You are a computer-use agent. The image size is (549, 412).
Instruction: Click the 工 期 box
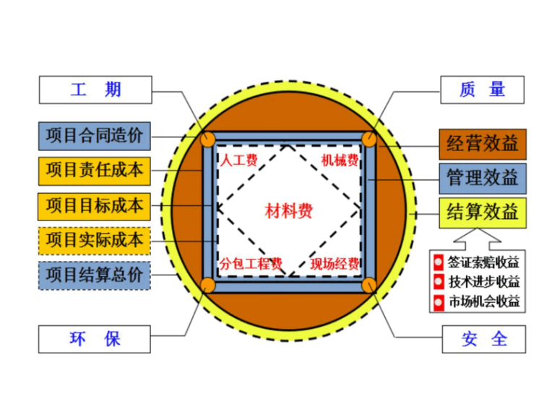tap(95, 90)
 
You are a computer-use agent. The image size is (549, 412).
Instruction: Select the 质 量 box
tap(482, 90)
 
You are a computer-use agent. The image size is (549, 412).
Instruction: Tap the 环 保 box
tap(95, 339)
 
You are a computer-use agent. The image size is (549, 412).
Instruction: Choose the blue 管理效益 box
tap(483, 178)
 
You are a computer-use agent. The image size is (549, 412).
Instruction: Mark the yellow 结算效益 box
tap(483, 212)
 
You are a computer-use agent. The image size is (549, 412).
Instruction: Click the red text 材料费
tap(289, 211)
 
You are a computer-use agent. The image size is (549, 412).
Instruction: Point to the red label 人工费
tap(239, 160)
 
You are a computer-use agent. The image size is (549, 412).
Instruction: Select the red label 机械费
tap(340, 160)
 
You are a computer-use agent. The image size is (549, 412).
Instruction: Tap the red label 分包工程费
tap(250, 263)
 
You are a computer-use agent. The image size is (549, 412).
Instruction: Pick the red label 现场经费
tap(334, 263)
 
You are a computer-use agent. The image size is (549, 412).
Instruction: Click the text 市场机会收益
tap(484, 301)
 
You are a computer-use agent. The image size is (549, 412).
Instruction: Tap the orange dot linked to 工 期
tap(208, 140)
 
